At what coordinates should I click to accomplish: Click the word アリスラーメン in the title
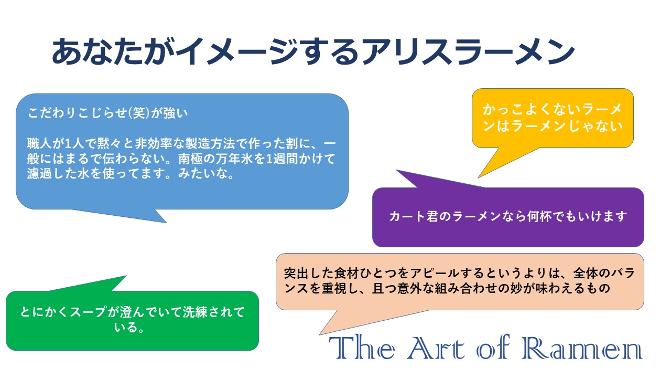click(468, 51)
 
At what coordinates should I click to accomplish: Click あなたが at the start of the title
click(113, 51)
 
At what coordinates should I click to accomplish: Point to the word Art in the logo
click(436, 348)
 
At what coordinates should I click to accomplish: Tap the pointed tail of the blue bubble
click(166, 222)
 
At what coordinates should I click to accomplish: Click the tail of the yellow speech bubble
click(479, 177)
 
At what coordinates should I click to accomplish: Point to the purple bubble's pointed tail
click(397, 171)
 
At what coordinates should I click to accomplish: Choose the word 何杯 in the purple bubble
click(539, 216)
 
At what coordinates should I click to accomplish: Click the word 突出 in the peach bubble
click(296, 273)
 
